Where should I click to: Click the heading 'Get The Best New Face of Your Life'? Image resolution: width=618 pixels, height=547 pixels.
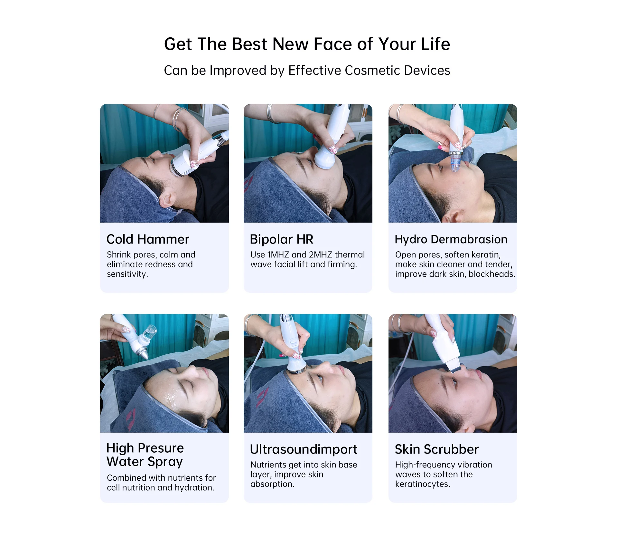(307, 44)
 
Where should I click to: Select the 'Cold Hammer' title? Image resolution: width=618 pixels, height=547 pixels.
(148, 239)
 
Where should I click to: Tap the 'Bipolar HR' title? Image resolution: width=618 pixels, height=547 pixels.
(282, 239)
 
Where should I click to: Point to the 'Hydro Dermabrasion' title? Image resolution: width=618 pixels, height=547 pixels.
(451, 239)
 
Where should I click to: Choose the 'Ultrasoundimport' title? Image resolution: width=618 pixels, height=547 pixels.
(304, 449)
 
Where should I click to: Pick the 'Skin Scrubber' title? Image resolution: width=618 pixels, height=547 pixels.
(437, 449)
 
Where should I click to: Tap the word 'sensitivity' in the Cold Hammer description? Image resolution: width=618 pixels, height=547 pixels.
(127, 274)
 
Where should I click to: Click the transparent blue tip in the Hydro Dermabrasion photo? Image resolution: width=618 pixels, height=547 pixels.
(455, 162)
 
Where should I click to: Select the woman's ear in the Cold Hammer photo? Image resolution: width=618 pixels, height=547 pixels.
(167, 199)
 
